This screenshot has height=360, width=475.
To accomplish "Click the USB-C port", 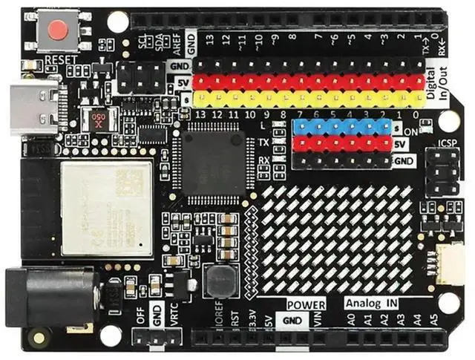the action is (33, 107).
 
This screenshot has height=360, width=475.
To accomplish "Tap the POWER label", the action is (306, 304).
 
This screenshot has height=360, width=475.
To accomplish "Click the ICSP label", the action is (448, 142).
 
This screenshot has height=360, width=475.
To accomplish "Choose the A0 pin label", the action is (351, 319).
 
